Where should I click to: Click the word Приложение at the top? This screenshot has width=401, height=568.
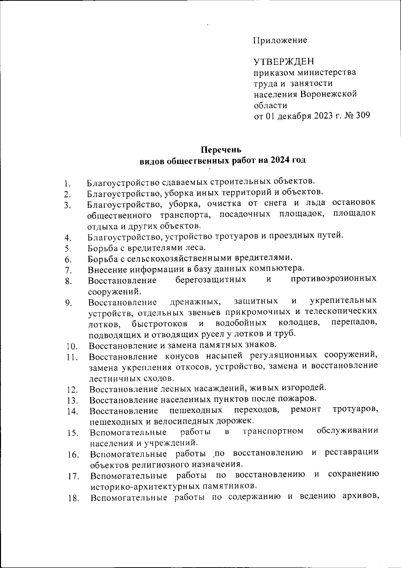280,40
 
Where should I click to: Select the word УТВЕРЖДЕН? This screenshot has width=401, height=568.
284,62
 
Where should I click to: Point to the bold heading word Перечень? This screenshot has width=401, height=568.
223,149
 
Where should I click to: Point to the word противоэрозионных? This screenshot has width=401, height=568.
333,279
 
